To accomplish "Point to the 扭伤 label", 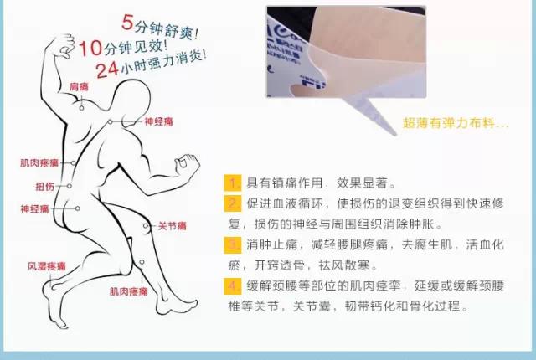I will click(x=44, y=186).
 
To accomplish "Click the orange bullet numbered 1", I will click(x=232, y=183).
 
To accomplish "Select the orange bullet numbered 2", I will click(x=232, y=203).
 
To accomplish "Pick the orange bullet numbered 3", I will click(x=232, y=244).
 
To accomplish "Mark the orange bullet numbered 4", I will click(x=232, y=285).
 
